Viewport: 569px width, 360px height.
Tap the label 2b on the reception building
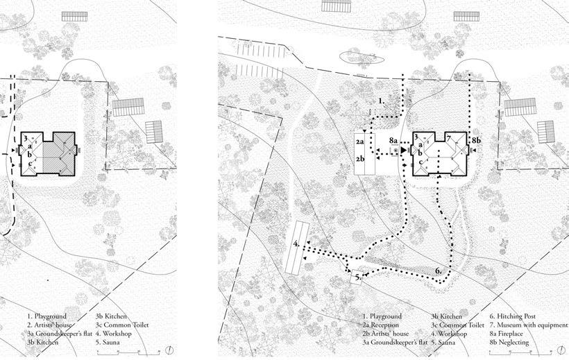pos(360,160)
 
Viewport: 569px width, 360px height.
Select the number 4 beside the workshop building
pos(296,244)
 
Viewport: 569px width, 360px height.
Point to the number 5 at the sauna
pos(357,277)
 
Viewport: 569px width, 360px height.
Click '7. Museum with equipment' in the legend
pos(528,325)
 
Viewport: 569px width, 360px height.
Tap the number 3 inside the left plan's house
pos(26,139)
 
